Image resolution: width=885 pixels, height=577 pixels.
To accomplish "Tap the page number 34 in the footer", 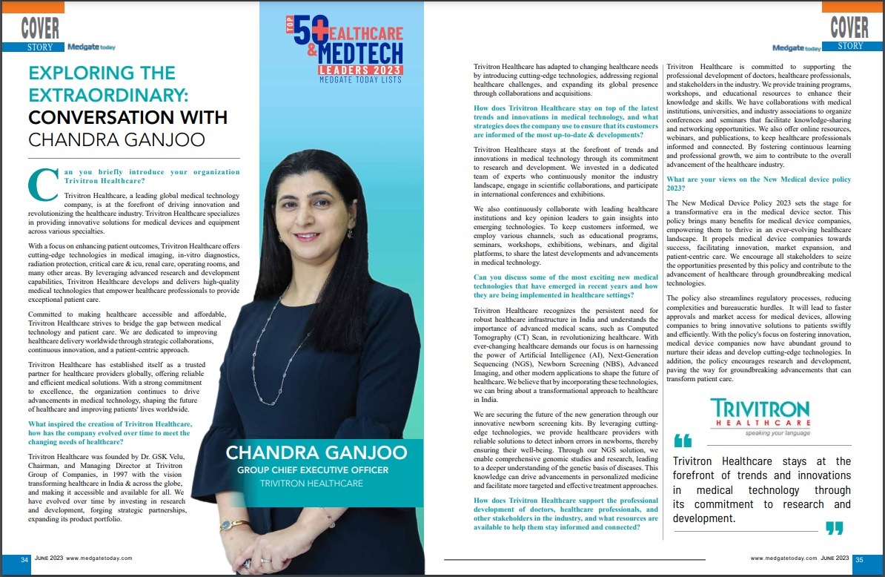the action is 24,558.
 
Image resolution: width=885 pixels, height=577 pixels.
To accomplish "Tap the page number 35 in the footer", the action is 858,559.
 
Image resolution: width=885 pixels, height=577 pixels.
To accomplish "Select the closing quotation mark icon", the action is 834,528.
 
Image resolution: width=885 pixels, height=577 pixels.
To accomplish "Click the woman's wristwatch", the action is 234,525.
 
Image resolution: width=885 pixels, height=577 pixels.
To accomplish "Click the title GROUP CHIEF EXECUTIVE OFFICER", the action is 311,469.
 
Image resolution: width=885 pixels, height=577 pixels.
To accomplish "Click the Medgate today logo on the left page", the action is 89,47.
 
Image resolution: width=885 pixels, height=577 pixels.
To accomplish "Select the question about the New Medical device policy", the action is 759,184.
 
